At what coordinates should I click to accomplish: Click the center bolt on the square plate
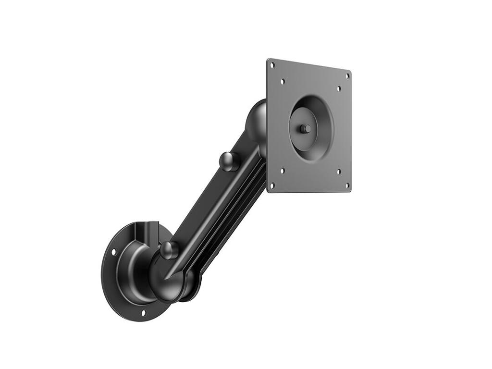click(x=305, y=129)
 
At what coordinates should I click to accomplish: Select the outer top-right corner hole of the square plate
click(x=347, y=75)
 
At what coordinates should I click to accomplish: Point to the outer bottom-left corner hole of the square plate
click(x=272, y=184)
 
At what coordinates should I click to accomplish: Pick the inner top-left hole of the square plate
click(x=283, y=81)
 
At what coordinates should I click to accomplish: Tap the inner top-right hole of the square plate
click(x=339, y=88)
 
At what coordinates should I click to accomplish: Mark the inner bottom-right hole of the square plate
click(x=338, y=172)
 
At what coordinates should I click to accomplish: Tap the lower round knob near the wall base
click(x=169, y=250)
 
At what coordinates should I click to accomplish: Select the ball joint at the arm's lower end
click(x=166, y=279)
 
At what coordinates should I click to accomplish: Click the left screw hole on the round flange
click(x=114, y=251)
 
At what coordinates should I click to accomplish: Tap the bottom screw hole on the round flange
click(x=143, y=313)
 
